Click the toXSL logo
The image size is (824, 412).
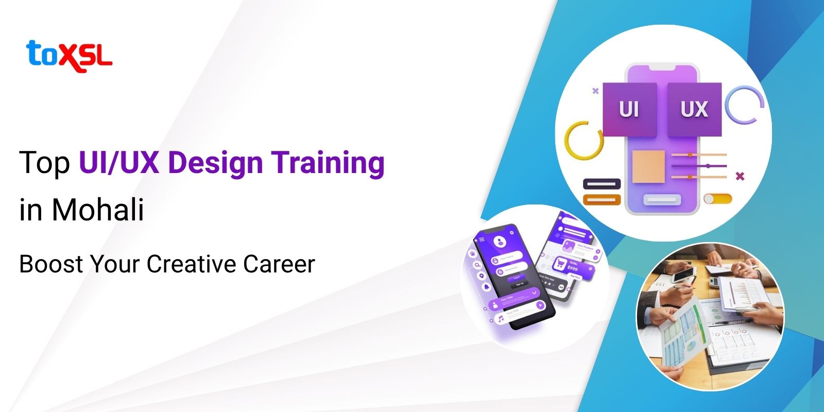(x=68, y=56)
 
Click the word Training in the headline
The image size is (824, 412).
(x=328, y=162)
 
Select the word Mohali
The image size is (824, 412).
(x=97, y=210)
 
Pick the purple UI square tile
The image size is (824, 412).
(x=629, y=109)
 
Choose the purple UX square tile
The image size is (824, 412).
(x=694, y=109)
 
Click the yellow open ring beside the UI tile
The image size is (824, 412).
(x=583, y=140)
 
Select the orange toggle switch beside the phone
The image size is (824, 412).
(x=717, y=199)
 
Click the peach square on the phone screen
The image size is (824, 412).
(x=648, y=166)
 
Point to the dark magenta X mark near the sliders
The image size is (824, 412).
(x=740, y=176)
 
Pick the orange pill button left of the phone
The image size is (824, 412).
(x=602, y=200)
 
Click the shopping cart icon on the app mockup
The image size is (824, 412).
(x=559, y=265)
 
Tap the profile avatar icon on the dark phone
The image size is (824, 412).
(x=499, y=241)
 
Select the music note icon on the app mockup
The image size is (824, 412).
(x=500, y=319)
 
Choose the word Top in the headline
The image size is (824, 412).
(x=44, y=162)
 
